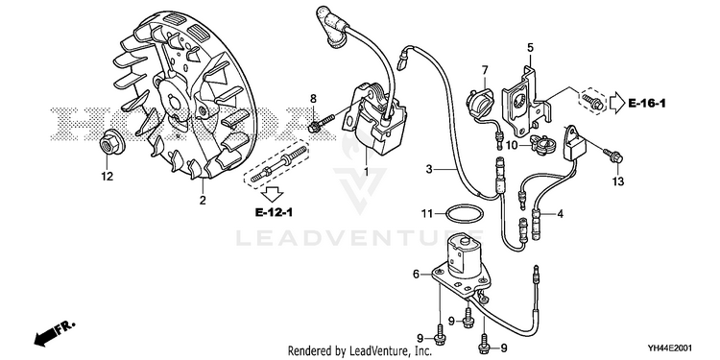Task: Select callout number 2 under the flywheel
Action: coord(203,201)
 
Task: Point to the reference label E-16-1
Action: coord(647,104)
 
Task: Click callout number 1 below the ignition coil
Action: coord(366,172)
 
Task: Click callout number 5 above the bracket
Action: coord(530,47)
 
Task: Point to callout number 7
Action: coord(485,70)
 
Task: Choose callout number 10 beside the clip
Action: coord(512,146)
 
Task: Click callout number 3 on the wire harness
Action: coord(428,169)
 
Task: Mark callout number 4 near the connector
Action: coord(561,213)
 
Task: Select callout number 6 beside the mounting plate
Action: coord(416,275)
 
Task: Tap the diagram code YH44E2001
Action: coord(671,348)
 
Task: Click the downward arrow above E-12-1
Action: coord(275,194)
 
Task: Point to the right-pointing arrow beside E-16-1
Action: coord(616,103)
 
